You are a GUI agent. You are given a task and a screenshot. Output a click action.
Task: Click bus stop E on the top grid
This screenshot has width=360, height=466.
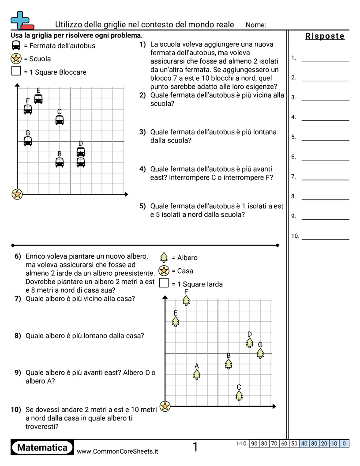pyautogui.click(x=38, y=99)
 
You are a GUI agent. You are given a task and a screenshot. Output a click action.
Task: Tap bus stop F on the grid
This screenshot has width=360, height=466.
pyautogui.click(x=28, y=109)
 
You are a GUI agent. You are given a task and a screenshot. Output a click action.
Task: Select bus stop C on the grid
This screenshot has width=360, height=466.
pyautogui.click(x=60, y=120)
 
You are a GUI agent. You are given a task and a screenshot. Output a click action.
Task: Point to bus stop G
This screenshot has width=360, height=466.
pyautogui.click(x=28, y=141)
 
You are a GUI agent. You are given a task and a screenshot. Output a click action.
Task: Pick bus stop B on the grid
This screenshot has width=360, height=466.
pyautogui.click(x=60, y=162)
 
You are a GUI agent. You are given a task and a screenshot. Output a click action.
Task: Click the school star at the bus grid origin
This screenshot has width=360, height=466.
pyautogui.click(x=17, y=194)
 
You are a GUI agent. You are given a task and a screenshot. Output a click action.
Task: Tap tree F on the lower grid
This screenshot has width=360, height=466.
pyautogui.click(x=186, y=301)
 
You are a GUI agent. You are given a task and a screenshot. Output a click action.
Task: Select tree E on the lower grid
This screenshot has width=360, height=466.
pyautogui.click(x=176, y=322)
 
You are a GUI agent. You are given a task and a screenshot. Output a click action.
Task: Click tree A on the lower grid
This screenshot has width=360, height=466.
pyautogui.click(x=197, y=374)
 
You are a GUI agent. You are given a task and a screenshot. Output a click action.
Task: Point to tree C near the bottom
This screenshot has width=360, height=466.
pyautogui.click(x=239, y=395)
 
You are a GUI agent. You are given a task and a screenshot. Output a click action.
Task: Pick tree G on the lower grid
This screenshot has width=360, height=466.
pyautogui.click(x=260, y=353)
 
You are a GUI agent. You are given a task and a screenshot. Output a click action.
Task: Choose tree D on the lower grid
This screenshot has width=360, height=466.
pyautogui.click(x=250, y=342)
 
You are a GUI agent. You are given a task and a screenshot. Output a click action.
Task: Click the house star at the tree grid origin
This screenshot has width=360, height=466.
pyautogui.click(x=165, y=406)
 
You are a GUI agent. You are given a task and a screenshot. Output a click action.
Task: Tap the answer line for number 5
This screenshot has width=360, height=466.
pyautogui.click(x=325, y=140)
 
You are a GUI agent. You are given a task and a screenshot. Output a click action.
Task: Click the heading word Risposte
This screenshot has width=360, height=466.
pyautogui.click(x=325, y=36)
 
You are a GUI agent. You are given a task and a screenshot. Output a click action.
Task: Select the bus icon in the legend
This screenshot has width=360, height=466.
pyautogui.click(x=16, y=45)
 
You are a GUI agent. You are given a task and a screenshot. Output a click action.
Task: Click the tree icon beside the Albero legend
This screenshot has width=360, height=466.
pyautogui.click(x=164, y=258)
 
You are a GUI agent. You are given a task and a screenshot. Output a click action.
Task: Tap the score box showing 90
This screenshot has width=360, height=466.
pyautogui.click(x=254, y=443)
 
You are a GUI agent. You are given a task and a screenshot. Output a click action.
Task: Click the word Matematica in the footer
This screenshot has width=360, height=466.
pyautogui.click(x=42, y=447)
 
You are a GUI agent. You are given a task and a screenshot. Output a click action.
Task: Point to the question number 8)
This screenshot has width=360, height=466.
pyautogui.click(x=18, y=336)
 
